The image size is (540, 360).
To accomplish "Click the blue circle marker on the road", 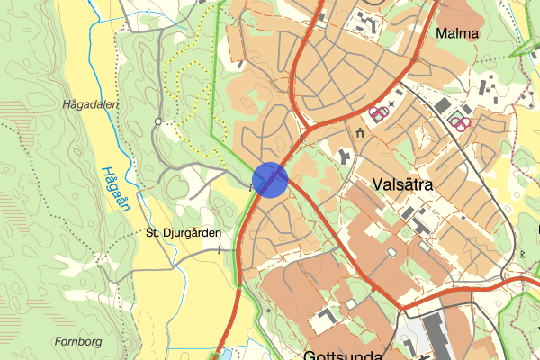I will click(x=270, y=179).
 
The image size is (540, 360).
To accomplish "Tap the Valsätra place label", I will click(x=402, y=184).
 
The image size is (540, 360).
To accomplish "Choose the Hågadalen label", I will click(x=91, y=104).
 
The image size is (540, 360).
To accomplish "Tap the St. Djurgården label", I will click(x=183, y=232).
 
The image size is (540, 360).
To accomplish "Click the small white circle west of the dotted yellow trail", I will click(x=158, y=121).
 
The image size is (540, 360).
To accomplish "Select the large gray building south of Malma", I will click(x=443, y=106).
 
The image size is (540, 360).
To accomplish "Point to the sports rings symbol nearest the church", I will click(x=379, y=113).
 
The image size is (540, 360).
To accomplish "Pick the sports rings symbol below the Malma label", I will click(x=462, y=122).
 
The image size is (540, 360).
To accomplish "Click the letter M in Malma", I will click(x=439, y=33).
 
